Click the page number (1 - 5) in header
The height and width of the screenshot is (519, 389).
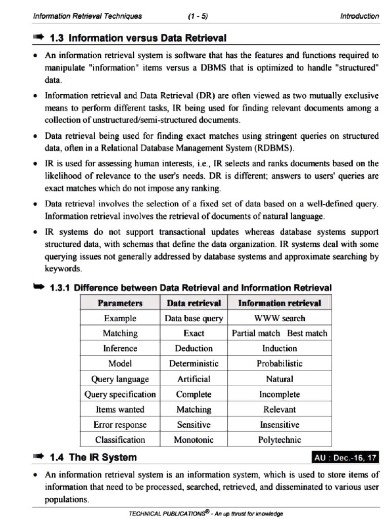[198, 16]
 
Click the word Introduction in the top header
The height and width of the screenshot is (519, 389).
[359, 16]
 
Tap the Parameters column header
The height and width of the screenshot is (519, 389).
[120, 303]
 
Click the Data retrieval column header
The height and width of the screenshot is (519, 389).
[193, 303]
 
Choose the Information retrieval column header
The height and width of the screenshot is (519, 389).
[280, 303]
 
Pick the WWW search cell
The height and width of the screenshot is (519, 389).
[280, 318]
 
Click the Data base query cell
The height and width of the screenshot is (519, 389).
[193, 318]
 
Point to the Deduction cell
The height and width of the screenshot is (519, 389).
[193, 349]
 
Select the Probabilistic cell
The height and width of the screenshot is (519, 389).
[280, 363]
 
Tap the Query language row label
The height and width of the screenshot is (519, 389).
[120, 379]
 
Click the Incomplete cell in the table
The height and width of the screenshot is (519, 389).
[280, 394]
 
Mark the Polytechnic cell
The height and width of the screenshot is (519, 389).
[280, 440]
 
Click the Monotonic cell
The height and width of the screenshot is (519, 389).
[193, 440]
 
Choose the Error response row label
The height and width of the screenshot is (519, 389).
[120, 425]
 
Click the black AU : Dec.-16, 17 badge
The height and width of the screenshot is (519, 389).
[345, 458]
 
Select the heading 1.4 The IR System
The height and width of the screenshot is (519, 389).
[93, 458]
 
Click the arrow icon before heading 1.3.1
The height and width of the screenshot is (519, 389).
[39, 287]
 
